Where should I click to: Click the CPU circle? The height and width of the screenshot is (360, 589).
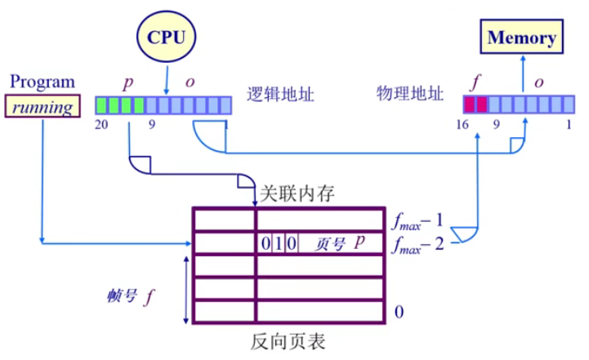[x=167, y=38]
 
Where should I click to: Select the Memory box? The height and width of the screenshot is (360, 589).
[x=521, y=38]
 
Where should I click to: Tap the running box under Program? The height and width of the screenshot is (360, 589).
[x=43, y=106]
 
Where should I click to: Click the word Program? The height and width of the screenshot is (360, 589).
[x=42, y=82]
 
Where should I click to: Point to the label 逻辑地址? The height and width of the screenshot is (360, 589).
[x=281, y=93]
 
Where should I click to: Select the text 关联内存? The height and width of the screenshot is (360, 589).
[x=297, y=194]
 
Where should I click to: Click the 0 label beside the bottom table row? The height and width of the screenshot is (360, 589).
[x=399, y=312]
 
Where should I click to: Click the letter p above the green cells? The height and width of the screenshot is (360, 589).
[x=127, y=83]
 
